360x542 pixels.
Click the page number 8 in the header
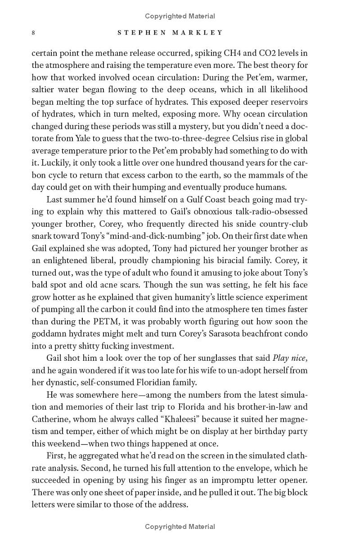tap(33, 33)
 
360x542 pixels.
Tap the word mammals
tap(265, 175)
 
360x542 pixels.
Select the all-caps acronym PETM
tap(103, 322)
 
